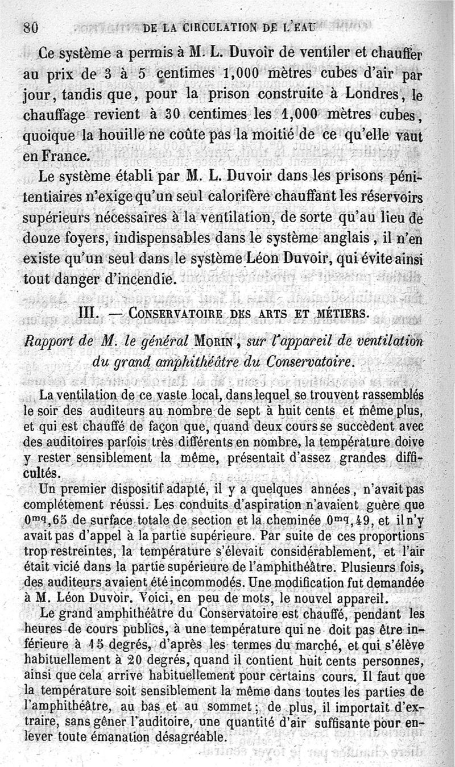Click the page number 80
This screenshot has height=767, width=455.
35,27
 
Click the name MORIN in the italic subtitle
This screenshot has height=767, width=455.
216,343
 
